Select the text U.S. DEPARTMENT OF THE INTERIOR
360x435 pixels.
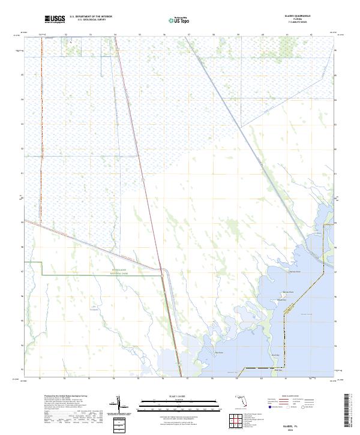pos(91,17)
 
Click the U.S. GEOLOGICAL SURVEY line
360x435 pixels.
pos(91,20)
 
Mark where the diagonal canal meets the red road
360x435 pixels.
pos(161,270)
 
